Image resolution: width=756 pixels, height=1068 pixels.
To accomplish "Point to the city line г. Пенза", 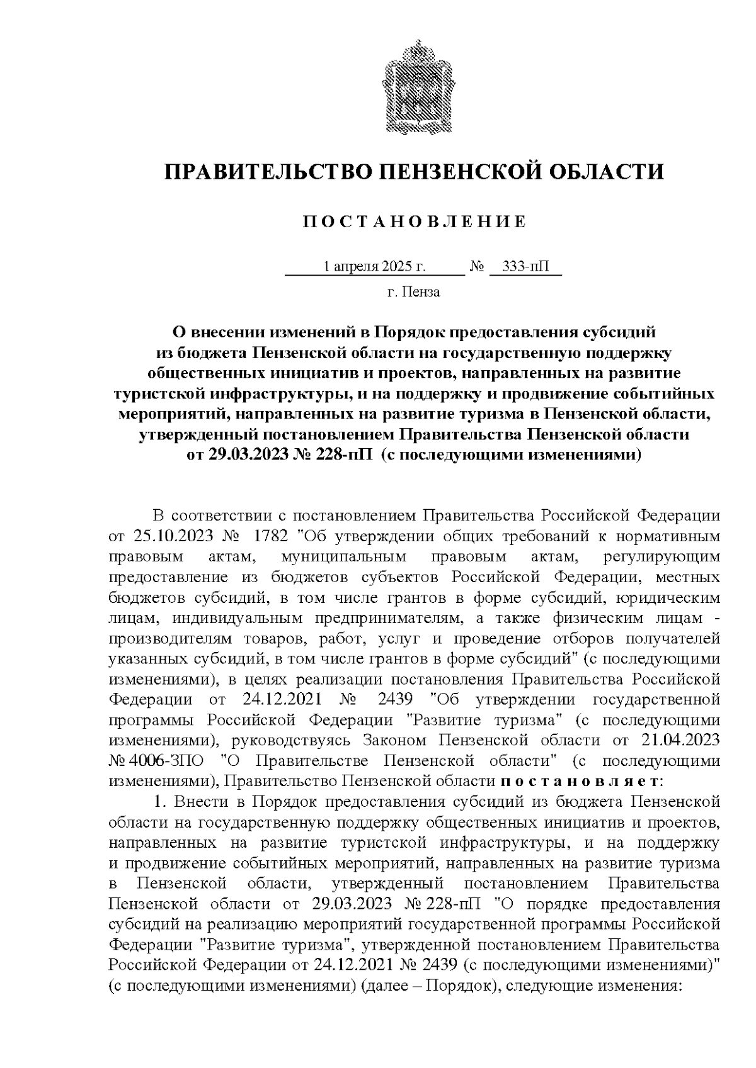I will (413, 292).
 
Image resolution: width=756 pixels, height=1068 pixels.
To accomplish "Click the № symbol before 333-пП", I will (477, 267).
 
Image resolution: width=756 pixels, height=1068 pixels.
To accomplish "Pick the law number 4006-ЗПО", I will (168, 760).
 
